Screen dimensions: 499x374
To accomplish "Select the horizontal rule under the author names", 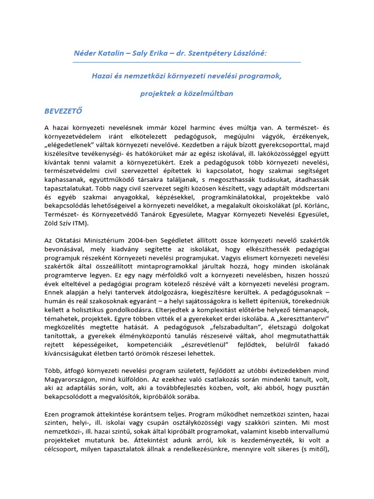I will tap(187, 62).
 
